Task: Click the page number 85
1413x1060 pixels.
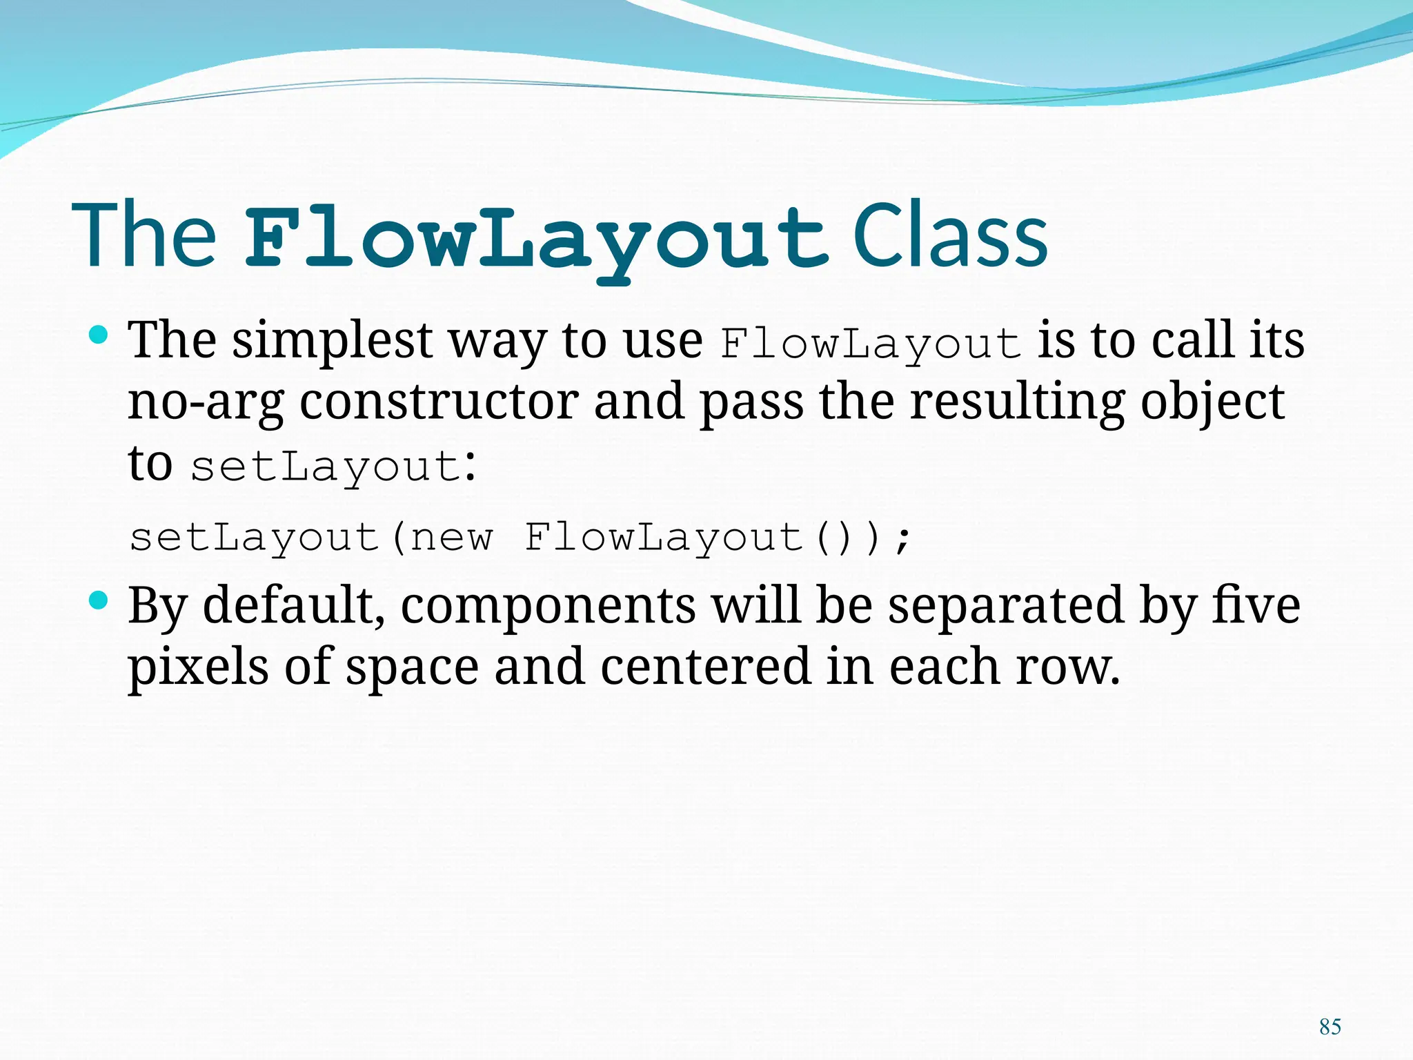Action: click(1330, 1026)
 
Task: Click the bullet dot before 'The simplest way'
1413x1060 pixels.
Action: click(99, 335)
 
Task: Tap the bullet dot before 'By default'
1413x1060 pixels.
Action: click(99, 600)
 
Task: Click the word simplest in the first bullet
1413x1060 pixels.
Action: click(332, 341)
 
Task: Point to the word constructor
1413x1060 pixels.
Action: click(439, 402)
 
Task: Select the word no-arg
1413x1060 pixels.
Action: click(206, 403)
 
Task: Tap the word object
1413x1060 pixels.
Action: click(1212, 403)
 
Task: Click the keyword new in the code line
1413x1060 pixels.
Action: click(452, 538)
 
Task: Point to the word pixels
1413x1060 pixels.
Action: click(198, 667)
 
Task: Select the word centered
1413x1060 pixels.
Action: click(705, 667)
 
